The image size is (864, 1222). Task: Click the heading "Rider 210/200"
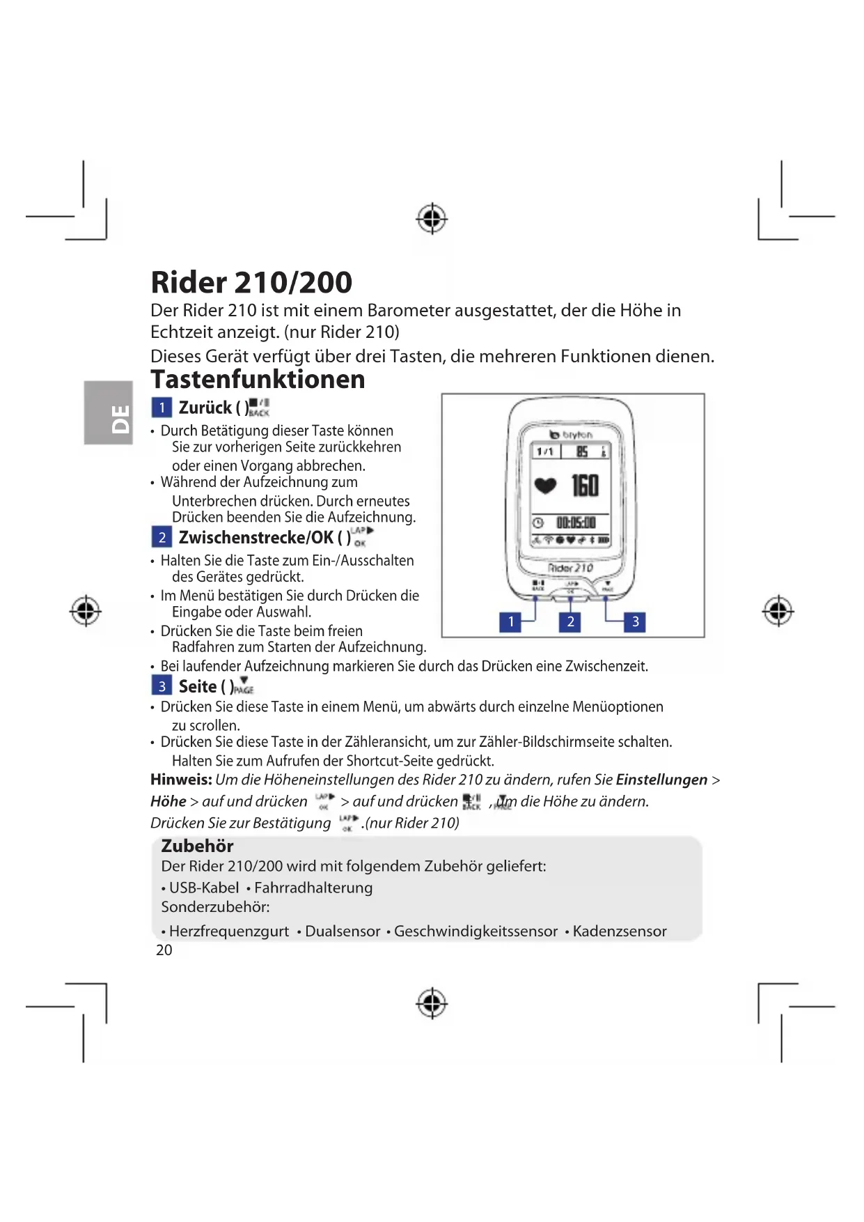click(x=251, y=282)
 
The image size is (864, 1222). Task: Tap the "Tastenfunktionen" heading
click(x=258, y=380)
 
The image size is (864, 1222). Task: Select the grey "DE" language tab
click(x=109, y=412)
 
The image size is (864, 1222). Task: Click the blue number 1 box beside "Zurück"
click(x=162, y=408)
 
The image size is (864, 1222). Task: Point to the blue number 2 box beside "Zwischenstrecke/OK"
click(x=162, y=537)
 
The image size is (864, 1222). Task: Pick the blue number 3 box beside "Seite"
click(x=162, y=686)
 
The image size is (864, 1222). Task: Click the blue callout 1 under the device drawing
click(x=510, y=621)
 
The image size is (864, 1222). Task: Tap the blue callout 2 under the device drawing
click(x=570, y=621)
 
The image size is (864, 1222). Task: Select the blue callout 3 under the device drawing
click(x=635, y=621)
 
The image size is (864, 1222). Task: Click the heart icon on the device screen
click(x=545, y=486)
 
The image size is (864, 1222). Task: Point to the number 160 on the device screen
click(x=585, y=486)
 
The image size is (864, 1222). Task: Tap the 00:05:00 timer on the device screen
click(x=575, y=523)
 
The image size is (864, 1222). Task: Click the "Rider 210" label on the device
click(x=570, y=568)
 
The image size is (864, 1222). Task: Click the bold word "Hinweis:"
click(x=181, y=780)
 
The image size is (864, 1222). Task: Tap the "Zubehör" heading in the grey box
click(x=197, y=846)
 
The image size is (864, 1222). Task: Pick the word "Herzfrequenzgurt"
click(x=229, y=931)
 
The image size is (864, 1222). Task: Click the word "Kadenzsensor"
click(x=620, y=931)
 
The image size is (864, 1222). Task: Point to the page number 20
click(x=164, y=950)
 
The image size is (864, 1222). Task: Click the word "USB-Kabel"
click(x=204, y=888)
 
